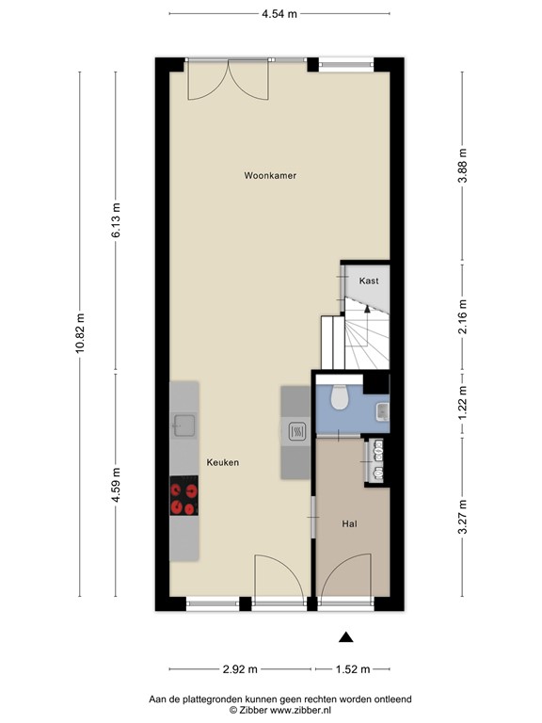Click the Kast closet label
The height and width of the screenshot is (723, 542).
click(x=369, y=281)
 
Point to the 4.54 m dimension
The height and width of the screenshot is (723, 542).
click(x=279, y=13)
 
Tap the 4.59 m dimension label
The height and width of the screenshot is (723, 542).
click(x=117, y=486)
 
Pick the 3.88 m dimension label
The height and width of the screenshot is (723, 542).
click(x=463, y=165)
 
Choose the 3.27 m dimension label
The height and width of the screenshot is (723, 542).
click(x=463, y=516)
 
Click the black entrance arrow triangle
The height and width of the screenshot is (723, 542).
click(x=344, y=637)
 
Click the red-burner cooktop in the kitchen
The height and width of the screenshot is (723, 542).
click(x=184, y=496)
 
